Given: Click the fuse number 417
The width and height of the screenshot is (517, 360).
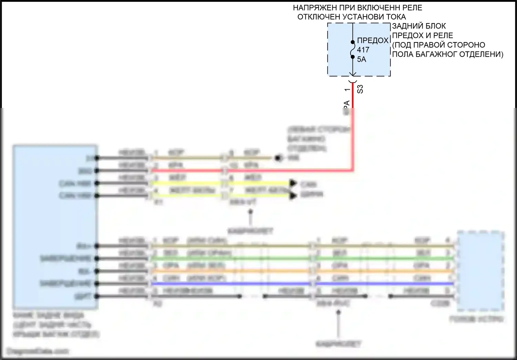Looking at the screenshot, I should tap(363, 50).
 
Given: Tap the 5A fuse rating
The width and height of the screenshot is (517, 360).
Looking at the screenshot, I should tap(361, 59).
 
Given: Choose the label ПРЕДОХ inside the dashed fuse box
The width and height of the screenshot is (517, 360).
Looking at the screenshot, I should tap(373, 41).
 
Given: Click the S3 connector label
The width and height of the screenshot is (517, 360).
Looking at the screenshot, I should tap(360, 89).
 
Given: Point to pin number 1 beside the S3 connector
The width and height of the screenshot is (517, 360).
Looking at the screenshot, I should tap(347, 90).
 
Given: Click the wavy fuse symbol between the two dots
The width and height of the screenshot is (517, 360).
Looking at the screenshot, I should tap(352, 50).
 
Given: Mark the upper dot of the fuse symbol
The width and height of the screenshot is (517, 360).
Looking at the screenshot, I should tap(353, 42).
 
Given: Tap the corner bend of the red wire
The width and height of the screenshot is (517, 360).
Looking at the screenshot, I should tap(352, 170).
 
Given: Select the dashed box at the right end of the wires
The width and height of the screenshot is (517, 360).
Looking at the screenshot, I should tap(480, 271).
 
